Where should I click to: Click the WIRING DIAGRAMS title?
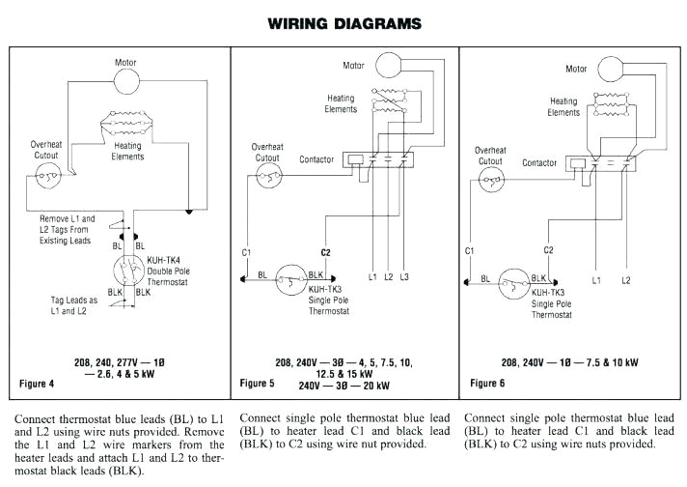[x=344, y=21]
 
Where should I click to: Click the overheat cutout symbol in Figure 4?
[x=45, y=175]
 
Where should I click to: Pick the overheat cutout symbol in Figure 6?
[x=493, y=178]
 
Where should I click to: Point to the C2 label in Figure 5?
[x=325, y=251]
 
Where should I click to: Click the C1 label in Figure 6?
[x=470, y=250]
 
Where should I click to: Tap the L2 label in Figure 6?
[x=625, y=279]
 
